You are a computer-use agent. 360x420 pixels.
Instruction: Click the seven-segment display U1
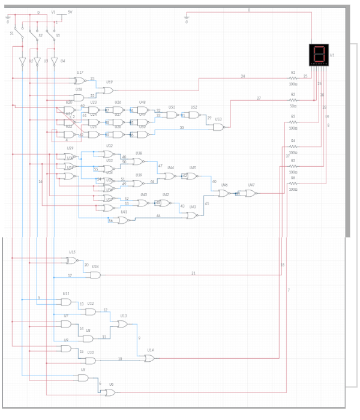[x=319, y=55]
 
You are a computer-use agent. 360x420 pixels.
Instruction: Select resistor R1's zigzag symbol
[x=293, y=78]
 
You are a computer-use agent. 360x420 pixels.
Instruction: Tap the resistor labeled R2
[x=293, y=100]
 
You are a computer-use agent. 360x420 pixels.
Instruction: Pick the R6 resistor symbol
[x=293, y=184]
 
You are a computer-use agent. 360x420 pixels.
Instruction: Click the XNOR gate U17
[x=79, y=80]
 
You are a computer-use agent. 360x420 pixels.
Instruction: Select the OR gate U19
[x=108, y=91]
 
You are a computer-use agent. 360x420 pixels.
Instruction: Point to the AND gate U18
[x=79, y=98]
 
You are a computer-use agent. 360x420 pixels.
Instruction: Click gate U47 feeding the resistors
[x=250, y=193]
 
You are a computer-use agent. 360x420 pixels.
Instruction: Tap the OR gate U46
[x=223, y=193]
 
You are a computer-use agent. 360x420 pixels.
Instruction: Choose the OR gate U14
[x=149, y=358]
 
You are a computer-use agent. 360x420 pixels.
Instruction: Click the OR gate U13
[x=122, y=324]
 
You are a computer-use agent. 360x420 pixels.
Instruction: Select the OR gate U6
[x=110, y=392]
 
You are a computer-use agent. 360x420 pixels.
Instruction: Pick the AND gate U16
[x=95, y=275]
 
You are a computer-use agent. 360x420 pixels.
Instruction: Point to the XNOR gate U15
[x=71, y=260]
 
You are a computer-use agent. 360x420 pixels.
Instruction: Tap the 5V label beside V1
[x=70, y=12]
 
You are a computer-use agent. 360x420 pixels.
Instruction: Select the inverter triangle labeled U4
[x=54, y=61]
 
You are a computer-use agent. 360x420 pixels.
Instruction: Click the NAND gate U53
[x=218, y=127]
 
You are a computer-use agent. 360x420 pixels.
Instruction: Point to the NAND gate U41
[x=122, y=220]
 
